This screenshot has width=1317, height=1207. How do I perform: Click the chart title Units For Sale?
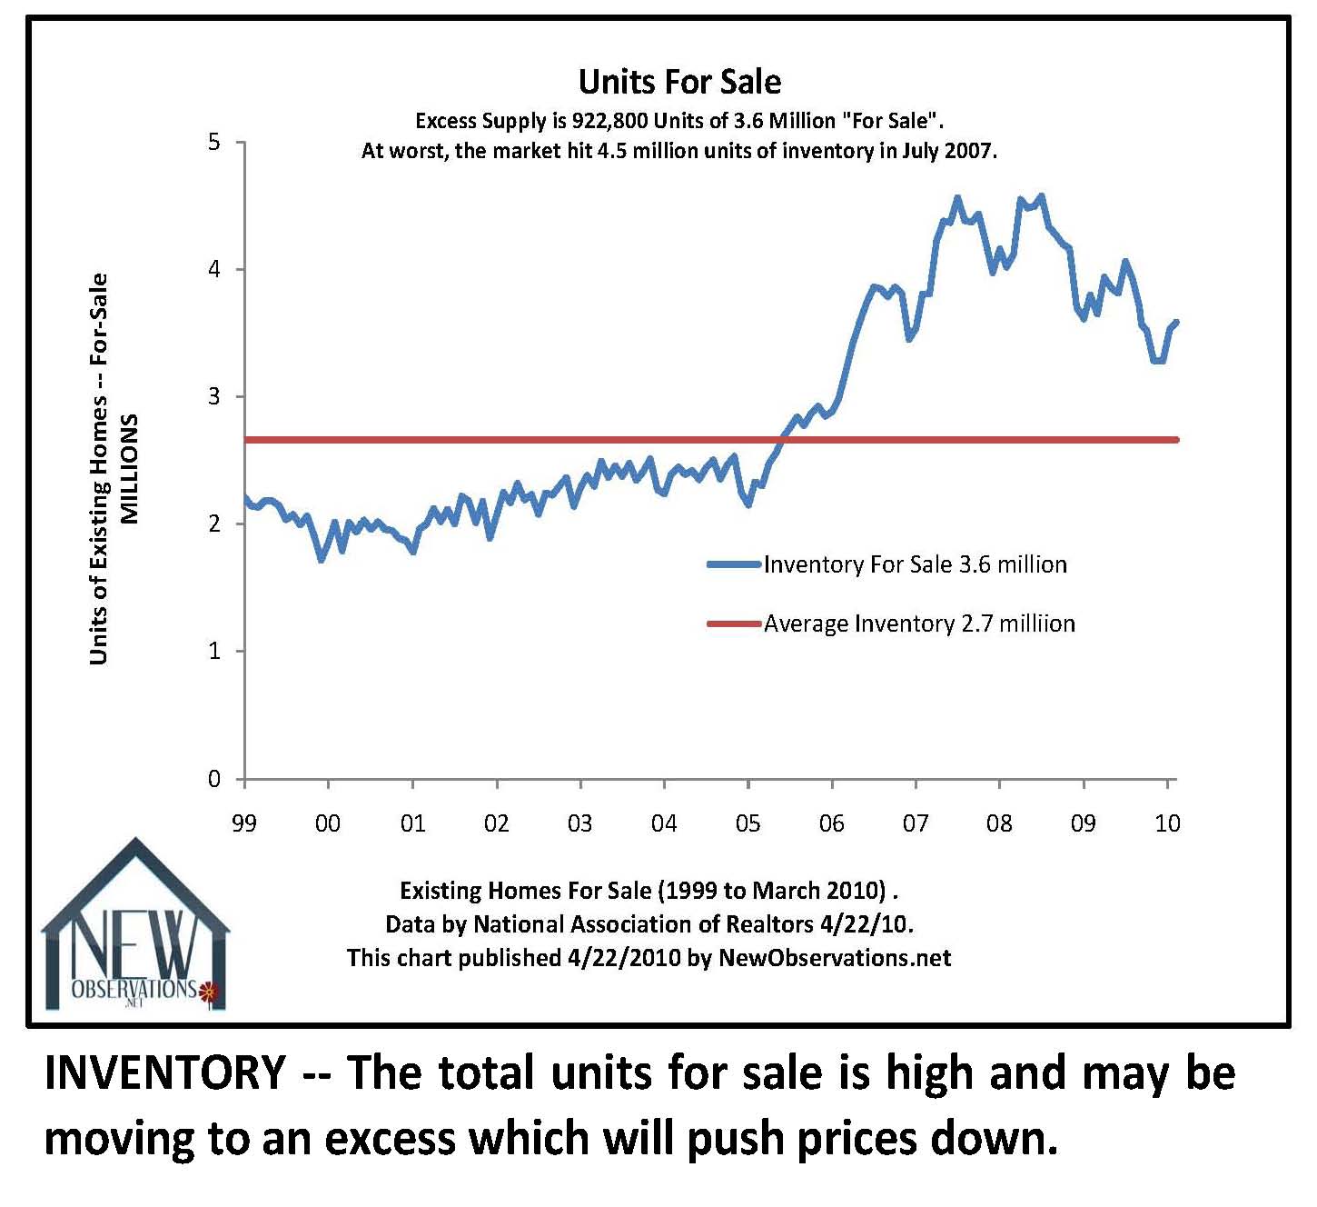(679, 82)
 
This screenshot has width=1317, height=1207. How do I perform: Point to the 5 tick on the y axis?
(214, 143)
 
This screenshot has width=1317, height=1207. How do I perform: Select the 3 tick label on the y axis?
(214, 397)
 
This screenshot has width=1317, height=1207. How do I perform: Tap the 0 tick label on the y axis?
(214, 779)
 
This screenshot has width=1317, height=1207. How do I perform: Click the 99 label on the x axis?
(243, 823)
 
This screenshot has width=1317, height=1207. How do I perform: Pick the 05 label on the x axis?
(748, 823)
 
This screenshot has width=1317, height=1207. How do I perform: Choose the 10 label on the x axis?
(1167, 823)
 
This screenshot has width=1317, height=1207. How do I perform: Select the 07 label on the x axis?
(916, 823)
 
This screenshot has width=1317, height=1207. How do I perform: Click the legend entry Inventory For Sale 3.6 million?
(915, 564)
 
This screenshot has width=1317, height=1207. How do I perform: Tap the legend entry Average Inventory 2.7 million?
(919, 623)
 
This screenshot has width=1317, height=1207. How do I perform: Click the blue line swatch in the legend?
(734, 564)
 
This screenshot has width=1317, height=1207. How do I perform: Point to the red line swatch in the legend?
(734, 623)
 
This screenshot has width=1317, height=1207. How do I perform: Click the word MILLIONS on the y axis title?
(130, 469)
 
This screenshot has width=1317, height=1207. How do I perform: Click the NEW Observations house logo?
(134, 932)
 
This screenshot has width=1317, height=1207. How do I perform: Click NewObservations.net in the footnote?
(835, 958)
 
